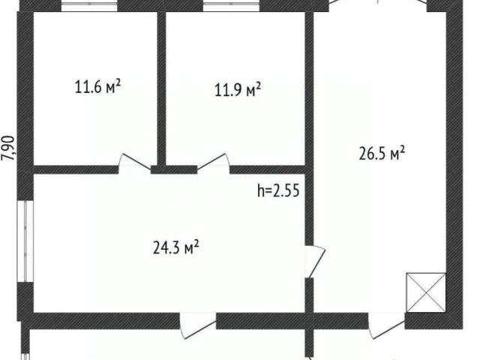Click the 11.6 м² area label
tap(98, 87)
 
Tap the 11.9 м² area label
tap(238, 89)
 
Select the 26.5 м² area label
tap(382, 153)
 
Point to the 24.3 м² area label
tap(175, 247)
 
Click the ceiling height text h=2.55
tap(278, 190)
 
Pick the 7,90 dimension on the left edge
tap(8, 148)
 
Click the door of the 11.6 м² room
tap(135, 162)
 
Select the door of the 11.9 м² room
tap(213, 162)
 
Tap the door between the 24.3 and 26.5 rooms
tap(315, 262)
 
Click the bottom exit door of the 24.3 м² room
tap(198, 325)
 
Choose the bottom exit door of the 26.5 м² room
tap(386, 325)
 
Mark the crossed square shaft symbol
tap(426, 292)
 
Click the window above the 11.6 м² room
tap(89, 6)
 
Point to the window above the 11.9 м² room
tap(231, 6)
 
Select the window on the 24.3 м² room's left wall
tap(25, 241)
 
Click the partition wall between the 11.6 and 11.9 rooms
tap(161, 88)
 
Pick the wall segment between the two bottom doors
tap(292, 321)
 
